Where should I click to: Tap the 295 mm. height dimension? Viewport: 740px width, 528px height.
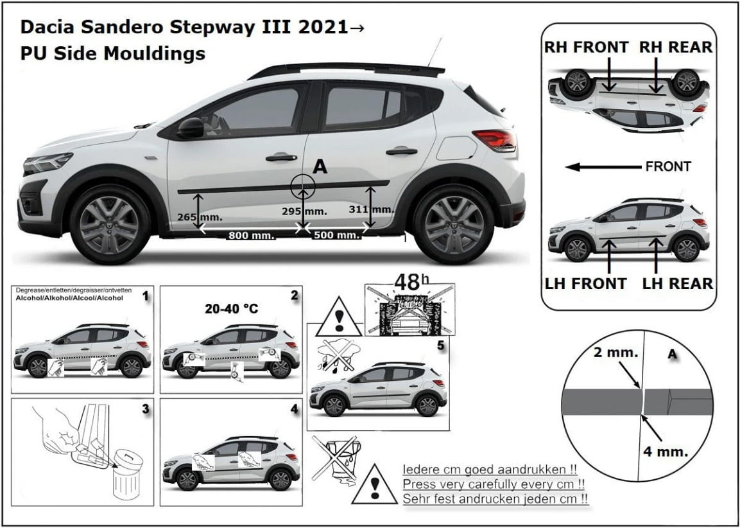coord(304,211)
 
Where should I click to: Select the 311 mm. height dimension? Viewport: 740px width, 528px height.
coord(372,209)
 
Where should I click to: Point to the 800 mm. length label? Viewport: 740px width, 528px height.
coord(250,235)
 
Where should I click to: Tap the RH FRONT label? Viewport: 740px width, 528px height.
coord(586,48)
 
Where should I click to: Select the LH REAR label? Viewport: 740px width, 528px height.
coord(678,283)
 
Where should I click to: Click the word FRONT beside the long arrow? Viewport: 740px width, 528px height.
coord(667,166)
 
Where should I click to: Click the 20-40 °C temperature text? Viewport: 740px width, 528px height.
coord(232,308)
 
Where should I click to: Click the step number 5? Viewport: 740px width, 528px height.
coord(440,346)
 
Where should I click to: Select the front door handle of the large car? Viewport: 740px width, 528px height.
coord(281,157)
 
